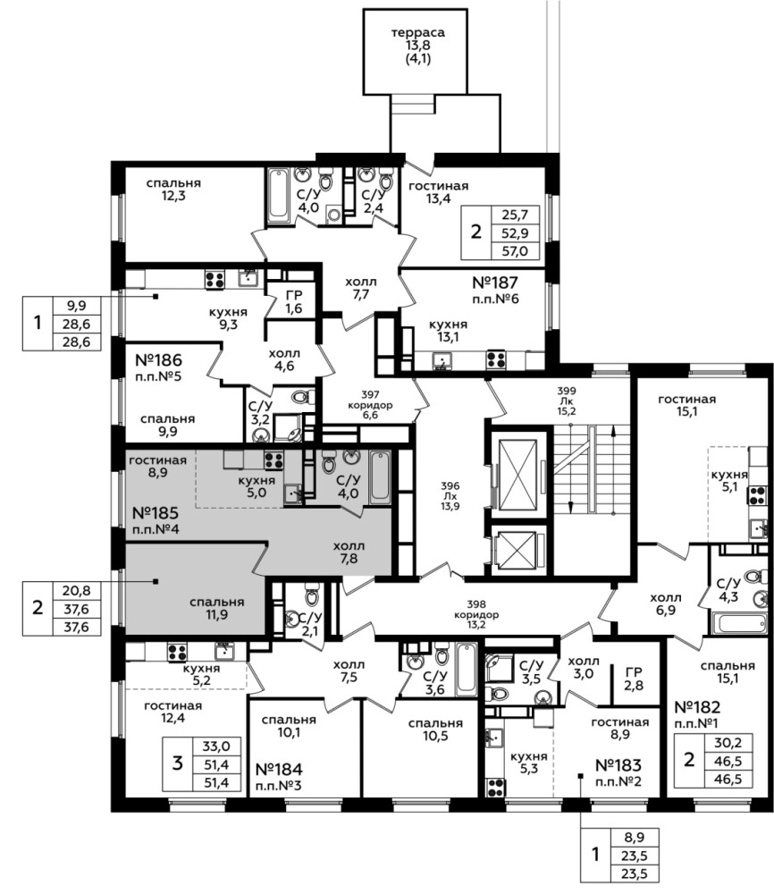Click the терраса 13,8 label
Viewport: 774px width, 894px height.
pyautogui.click(x=417, y=38)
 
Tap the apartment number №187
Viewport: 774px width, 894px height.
pyautogui.click(x=495, y=283)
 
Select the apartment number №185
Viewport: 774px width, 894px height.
pyautogui.click(x=155, y=512)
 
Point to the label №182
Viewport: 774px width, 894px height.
pyautogui.click(x=697, y=707)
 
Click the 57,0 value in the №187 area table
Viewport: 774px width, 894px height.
pyautogui.click(x=515, y=251)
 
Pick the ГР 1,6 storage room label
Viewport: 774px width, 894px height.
pyautogui.click(x=293, y=302)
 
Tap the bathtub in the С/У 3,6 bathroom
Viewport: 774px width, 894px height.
pyautogui.click(x=467, y=669)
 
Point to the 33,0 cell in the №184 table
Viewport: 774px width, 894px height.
pyautogui.click(x=216, y=746)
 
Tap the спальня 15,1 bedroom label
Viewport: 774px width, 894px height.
pyautogui.click(x=728, y=671)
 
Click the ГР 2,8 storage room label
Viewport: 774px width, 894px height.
pyautogui.click(x=633, y=679)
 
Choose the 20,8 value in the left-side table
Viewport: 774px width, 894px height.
pyautogui.click(x=77, y=591)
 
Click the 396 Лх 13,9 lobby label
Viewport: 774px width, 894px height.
pyautogui.click(x=450, y=495)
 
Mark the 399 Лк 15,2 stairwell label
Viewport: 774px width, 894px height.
pyautogui.click(x=567, y=401)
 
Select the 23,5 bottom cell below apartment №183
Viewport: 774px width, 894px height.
pyautogui.click(x=635, y=873)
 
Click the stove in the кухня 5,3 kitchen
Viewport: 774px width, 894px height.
pyautogui.click(x=495, y=788)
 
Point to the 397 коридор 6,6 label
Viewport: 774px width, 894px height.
pyautogui.click(x=371, y=405)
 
